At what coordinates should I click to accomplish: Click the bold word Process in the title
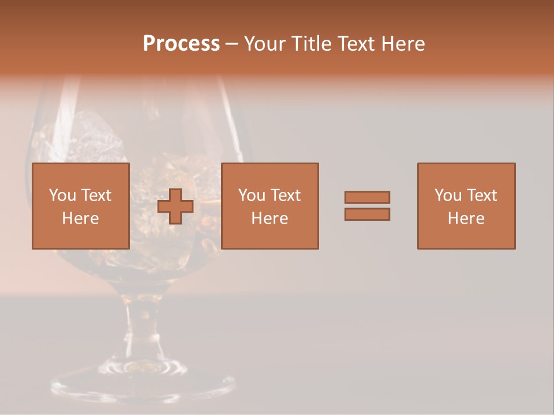pos(181,44)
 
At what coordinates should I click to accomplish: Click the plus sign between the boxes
pos(175,206)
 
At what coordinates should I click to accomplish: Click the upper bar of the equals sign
pos(367,197)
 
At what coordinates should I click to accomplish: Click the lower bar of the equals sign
pos(367,214)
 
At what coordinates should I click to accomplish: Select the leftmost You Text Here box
pos(81,206)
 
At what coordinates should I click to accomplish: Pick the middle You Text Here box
pos(269,206)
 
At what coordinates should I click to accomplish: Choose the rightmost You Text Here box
pos(466,206)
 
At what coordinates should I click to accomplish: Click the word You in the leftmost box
pos(62,195)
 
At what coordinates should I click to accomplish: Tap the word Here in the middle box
pos(269,218)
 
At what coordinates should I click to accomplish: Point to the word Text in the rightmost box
pos(481,195)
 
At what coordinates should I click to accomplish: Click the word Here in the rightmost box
pos(466,218)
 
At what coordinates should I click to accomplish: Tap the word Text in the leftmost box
pos(96,195)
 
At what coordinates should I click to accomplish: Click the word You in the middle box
pos(252,195)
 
